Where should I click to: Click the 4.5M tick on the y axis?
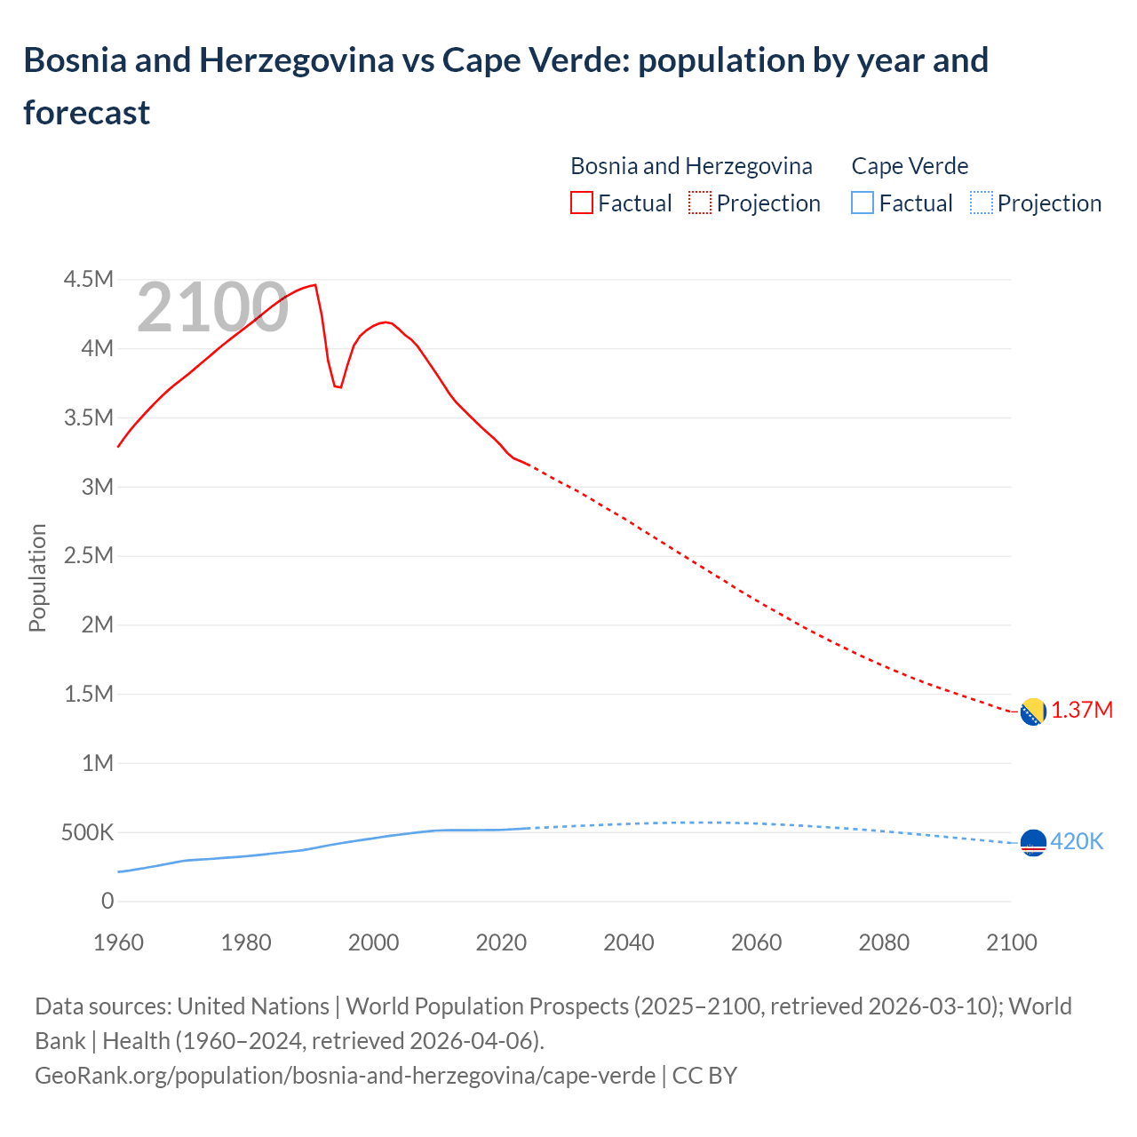click(x=89, y=280)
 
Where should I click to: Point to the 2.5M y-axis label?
click(x=89, y=556)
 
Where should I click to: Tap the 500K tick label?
click(x=87, y=833)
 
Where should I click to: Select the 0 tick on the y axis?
click(x=107, y=902)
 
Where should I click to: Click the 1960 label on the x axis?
click(x=118, y=942)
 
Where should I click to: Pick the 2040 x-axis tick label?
click(x=629, y=942)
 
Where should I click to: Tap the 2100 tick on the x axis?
click(x=1011, y=942)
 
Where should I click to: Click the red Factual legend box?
click(x=581, y=203)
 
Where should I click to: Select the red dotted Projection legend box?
click(x=700, y=203)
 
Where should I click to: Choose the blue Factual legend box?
click(x=862, y=203)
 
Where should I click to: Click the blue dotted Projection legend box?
click(x=981, y=203)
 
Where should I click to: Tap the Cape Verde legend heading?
click(x=910, y=166)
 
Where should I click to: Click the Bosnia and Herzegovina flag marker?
click(x=1032, y=712)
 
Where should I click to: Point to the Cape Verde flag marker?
click(x=1032, y=842)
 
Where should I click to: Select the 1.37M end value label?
click(x=1082, y=711)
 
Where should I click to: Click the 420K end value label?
click(x=1077, y=842)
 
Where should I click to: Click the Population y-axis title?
click(x=37, y=577)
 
